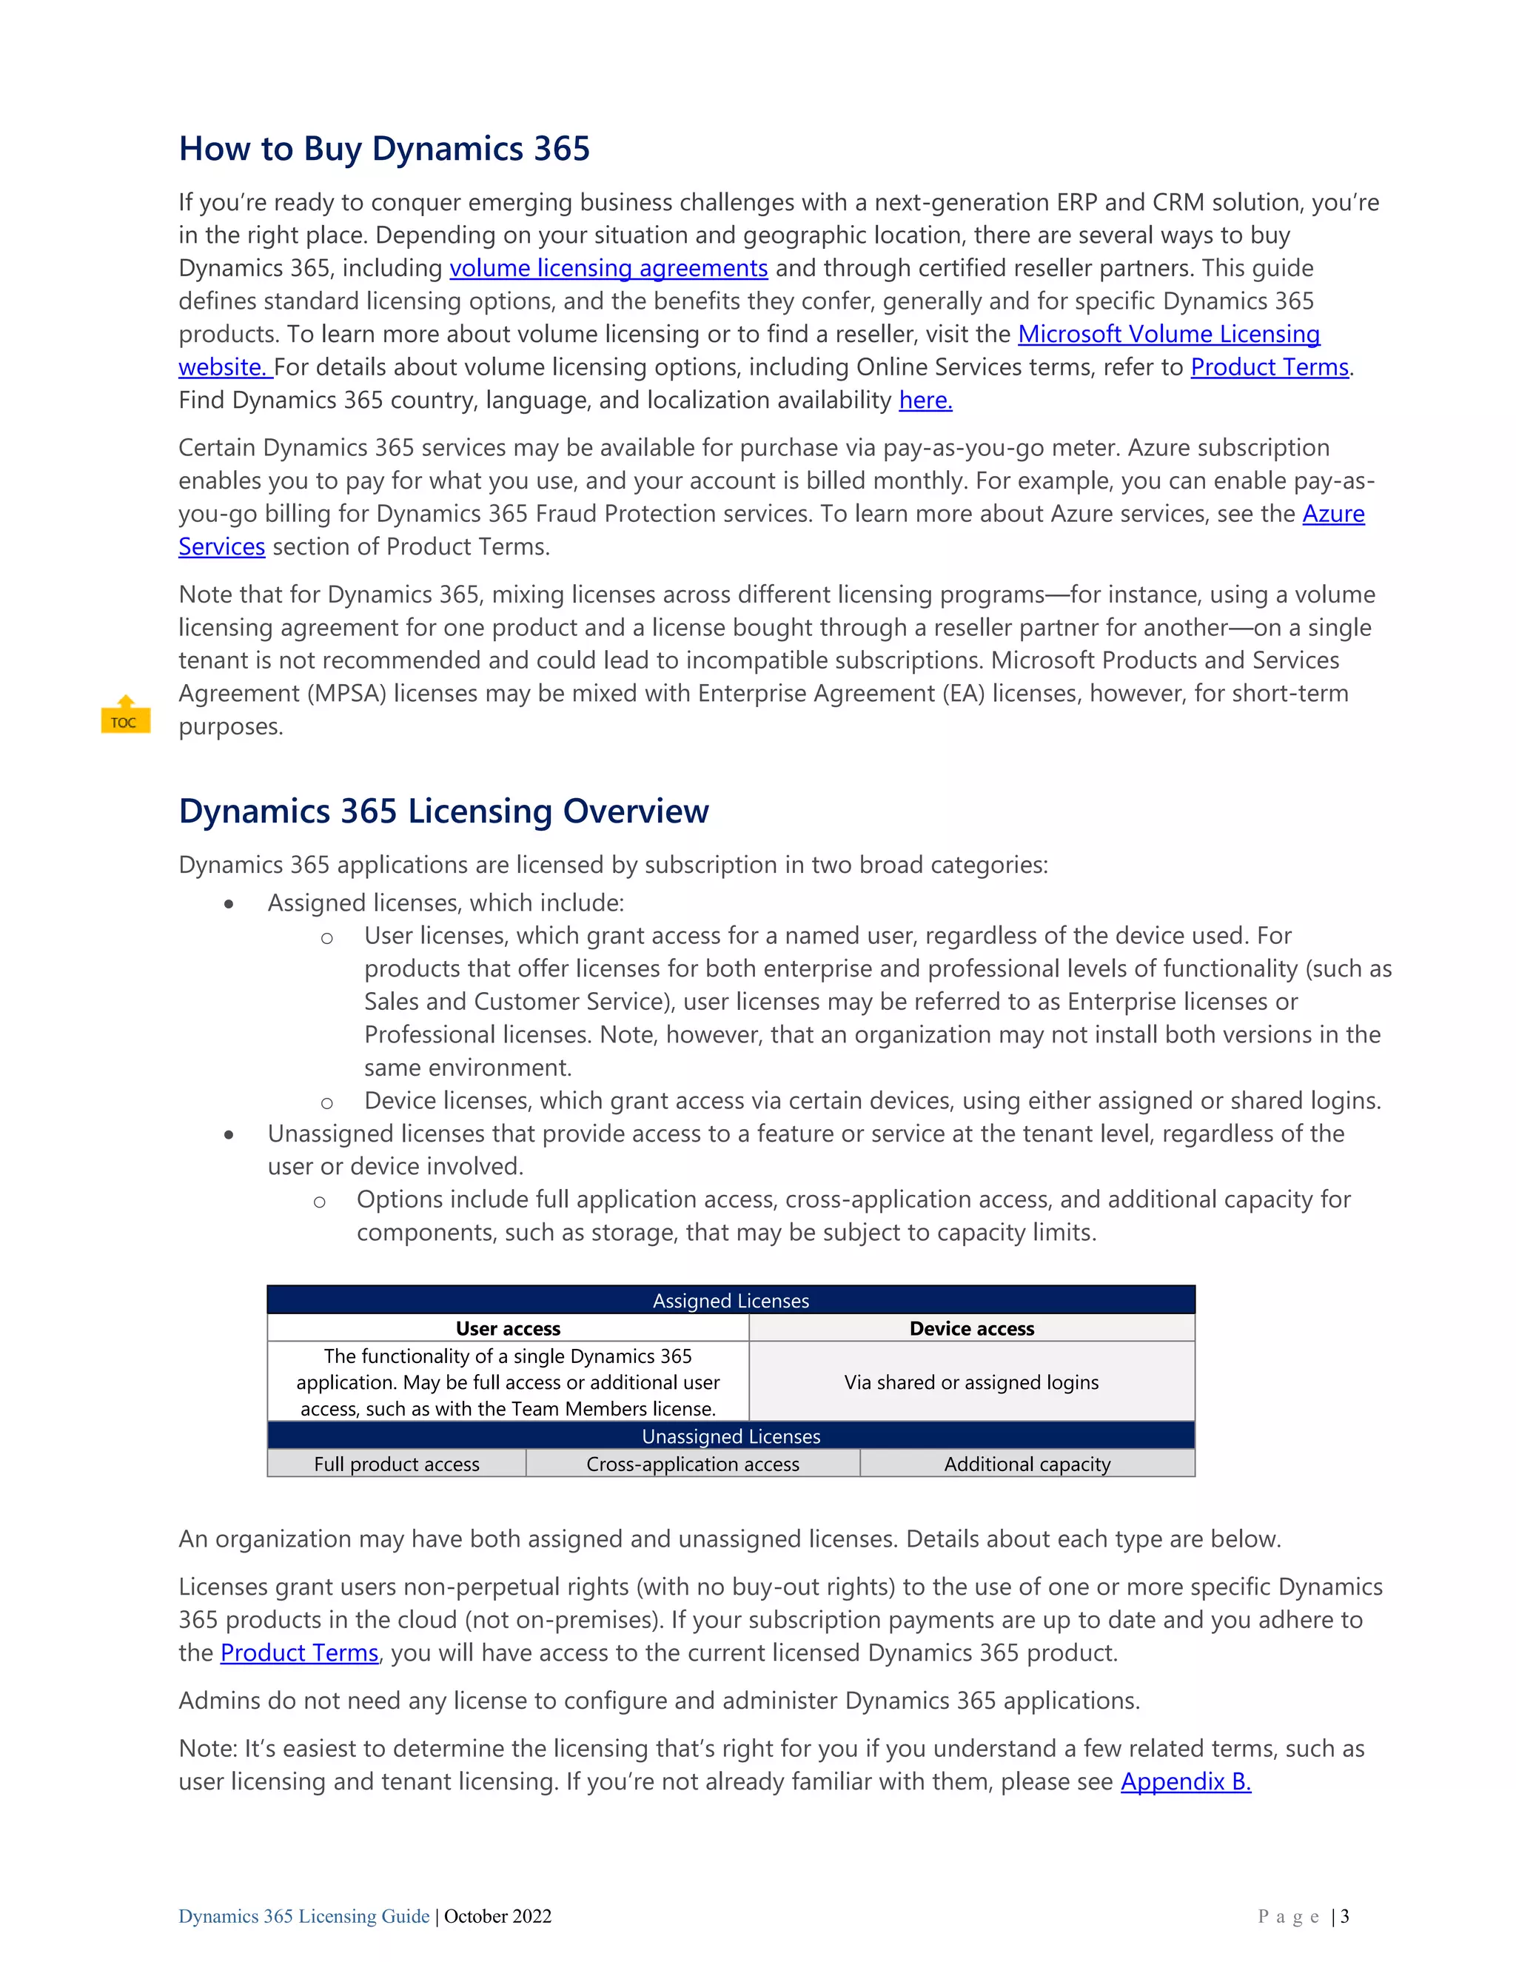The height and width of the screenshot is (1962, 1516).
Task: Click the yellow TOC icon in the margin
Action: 125,715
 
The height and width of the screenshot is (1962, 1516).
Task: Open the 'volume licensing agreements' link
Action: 608,269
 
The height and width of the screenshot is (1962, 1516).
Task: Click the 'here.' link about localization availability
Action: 925,401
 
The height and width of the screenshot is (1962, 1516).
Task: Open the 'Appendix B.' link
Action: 1186,1781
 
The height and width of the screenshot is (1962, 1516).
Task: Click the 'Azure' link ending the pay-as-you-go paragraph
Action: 1332,514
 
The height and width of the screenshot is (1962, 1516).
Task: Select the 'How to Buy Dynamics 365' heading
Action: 384,149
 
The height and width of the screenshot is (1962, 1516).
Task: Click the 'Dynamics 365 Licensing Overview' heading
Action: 443,811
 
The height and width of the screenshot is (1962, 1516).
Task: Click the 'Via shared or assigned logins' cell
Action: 971,1382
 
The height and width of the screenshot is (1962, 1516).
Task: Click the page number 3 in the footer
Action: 1344,1916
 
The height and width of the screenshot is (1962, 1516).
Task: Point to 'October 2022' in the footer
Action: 497,1916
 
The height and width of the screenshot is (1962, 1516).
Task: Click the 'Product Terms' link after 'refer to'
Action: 1269,367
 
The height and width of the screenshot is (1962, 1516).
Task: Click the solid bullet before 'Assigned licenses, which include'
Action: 230,905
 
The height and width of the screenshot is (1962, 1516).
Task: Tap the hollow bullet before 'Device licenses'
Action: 327,1103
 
